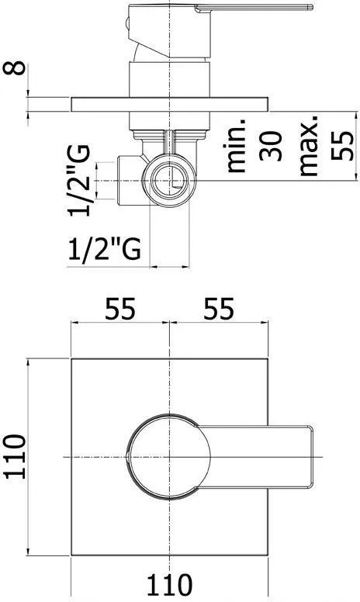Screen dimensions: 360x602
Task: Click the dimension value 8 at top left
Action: [15, 68]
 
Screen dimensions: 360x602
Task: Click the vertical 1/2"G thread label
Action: [79, 181]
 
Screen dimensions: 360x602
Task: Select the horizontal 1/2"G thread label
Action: [105, 250]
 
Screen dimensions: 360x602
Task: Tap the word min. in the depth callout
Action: [235, 145]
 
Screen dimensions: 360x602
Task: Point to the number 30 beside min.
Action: [271, 146]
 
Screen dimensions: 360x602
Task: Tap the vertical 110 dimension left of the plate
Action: [15, 457]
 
